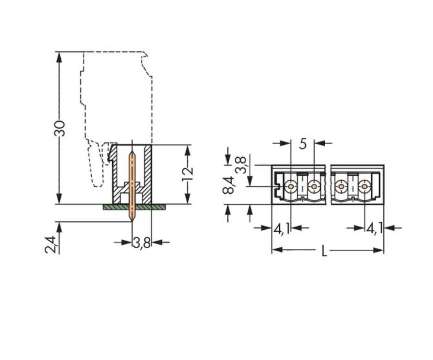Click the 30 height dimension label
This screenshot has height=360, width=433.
point(60,128)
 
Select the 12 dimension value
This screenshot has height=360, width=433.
point(187,173)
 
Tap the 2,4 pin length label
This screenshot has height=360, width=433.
point(50,244)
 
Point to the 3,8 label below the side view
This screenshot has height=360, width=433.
point(142,243)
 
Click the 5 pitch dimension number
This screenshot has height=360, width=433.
point(303,143)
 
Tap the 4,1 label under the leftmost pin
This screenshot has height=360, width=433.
point(281,228)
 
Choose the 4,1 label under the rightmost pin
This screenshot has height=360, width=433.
point(375,228)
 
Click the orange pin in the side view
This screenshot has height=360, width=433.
point(132,182)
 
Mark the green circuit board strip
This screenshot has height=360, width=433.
point(134,207)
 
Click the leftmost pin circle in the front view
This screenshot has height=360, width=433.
point(291,187)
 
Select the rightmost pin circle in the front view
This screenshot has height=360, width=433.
point(365,187)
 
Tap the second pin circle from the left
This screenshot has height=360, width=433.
point(313,187)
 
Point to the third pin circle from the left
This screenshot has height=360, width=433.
point(341,187)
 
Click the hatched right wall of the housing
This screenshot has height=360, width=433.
point(148,173)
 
